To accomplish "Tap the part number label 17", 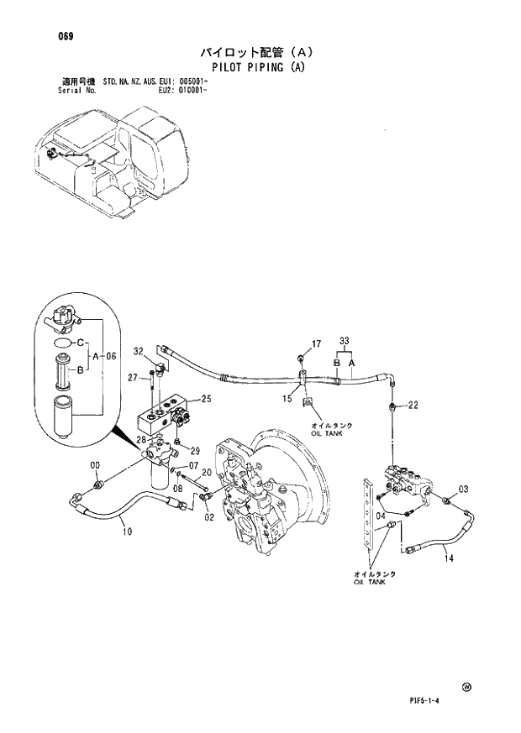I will tap(317, 343).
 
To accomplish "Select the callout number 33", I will tap(343, 340).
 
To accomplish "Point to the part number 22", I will tap(413, 406).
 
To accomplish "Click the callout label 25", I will tap(206, 399).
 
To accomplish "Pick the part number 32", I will tap(139, 350).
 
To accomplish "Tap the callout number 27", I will tap(132, 379).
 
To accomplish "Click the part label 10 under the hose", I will tap(127, 531).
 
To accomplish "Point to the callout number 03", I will tap(463, 490).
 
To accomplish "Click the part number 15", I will tap(287, 397).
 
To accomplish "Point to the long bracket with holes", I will tap(367, 524).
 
